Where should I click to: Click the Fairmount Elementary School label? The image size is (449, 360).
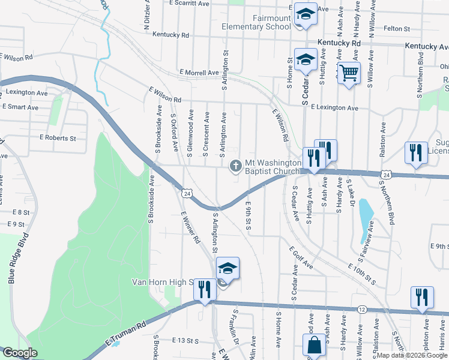(256, 23)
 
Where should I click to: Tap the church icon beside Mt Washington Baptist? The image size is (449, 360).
(236, 166)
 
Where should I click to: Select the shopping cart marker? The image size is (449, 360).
(349, 74)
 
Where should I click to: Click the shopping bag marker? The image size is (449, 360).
(313, 346)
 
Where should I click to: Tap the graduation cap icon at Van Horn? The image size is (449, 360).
(228, 268)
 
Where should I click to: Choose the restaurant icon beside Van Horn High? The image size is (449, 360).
(205, 290)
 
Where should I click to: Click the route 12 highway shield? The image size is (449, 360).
(361, 308)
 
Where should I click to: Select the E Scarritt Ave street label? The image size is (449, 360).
(189, 3)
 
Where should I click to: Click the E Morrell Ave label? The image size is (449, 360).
(199, 73)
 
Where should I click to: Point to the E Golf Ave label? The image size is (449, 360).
(301, 257)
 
